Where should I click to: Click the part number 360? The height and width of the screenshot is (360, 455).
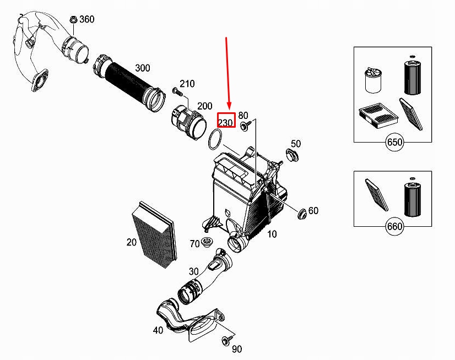point(87,19)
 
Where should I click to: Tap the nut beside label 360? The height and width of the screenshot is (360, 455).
point(73,20)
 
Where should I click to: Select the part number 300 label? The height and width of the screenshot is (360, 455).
point(143,68)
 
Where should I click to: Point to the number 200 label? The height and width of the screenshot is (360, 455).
point(204,106)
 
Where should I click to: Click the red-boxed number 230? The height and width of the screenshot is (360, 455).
point(225,122)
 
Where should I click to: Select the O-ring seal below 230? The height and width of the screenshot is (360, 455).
point(215,140)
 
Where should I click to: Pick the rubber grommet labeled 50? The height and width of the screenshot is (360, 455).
point(292,155)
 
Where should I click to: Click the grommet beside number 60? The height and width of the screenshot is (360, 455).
point(302,214)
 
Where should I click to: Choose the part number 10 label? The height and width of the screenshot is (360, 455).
point(272,234)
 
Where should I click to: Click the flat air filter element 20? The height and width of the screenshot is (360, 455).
point(154,234)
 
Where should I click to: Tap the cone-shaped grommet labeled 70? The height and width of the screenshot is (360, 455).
point(207,242)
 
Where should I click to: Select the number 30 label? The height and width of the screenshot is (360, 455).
point(193,271)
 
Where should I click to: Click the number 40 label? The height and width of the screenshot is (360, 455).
point(158,330)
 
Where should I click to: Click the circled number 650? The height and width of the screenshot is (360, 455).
point(394,142)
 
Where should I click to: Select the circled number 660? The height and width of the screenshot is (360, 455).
point(394,226)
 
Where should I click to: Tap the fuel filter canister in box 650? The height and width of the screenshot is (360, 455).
point(373,80)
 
